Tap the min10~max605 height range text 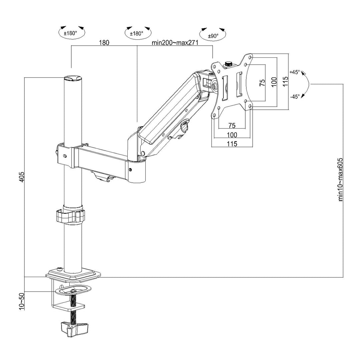(340, 180)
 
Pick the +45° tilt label (295, 72)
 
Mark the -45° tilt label (295, 96)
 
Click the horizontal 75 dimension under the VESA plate (232, 125)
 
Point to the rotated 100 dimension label (274, 82)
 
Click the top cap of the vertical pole (73, 78)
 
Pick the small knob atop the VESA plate (229, 63)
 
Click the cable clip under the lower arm (102, 175)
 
